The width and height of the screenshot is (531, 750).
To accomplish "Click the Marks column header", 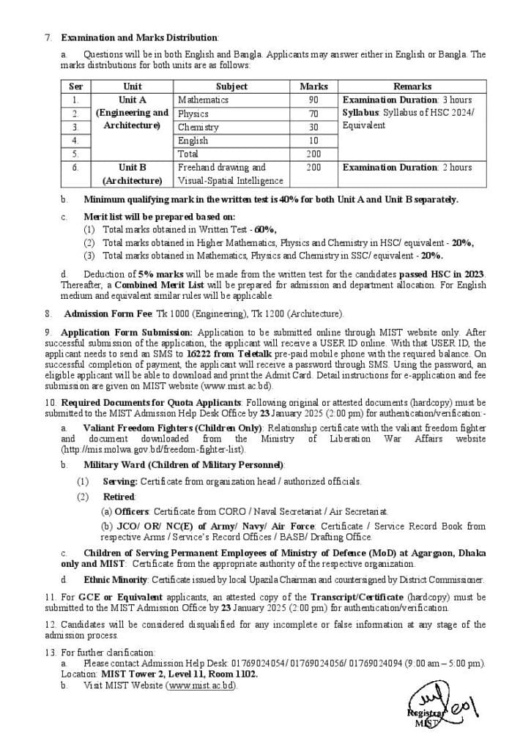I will pyautogui.click(x=313, y=86).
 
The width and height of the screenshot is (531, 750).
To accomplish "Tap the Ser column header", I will pyautogui.click(x=75, y=86).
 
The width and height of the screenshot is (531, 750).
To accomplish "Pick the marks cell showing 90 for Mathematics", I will pyautogui.click(x=313, y=100).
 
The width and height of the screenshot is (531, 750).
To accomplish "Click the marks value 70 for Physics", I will pyautogui.click(x=313, y=114).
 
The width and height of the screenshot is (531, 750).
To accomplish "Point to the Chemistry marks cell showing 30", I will pyautogui.click(x=313, y=127).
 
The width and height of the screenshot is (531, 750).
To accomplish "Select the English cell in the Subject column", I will pyautogui.click(x=193, y=141).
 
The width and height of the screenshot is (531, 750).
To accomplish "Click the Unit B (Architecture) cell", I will pyautogui.click(x=132, y=174).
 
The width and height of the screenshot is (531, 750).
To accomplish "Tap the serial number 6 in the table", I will pyautogui.click(x=75, y=168).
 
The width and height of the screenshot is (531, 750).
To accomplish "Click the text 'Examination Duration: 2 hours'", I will pyautogui.click(x=407, y=168).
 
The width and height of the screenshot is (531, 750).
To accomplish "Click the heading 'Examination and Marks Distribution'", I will pyautogui.click(x=139, y=37).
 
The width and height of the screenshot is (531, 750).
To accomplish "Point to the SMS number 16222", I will pyautogui.click(x=199, y=353).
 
